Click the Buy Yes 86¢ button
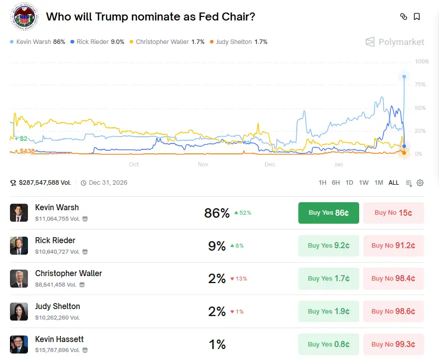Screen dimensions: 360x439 328,213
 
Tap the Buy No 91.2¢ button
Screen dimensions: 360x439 393,246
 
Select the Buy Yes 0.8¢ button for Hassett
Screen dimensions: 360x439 328,345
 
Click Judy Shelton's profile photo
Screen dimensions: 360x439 19,312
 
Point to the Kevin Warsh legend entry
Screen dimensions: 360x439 37,42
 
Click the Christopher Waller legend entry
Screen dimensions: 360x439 167,42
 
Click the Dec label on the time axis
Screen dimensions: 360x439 270,164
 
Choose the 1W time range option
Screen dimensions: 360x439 364,183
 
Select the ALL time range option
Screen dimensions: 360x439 394,183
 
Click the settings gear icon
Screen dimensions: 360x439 420,183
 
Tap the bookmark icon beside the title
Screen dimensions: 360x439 417,16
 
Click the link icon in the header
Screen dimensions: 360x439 404,16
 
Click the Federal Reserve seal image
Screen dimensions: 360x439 24,16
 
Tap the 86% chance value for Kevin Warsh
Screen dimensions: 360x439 217,213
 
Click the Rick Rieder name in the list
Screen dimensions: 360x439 55,241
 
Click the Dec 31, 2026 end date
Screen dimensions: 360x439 108,183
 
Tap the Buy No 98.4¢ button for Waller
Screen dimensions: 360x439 393,279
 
